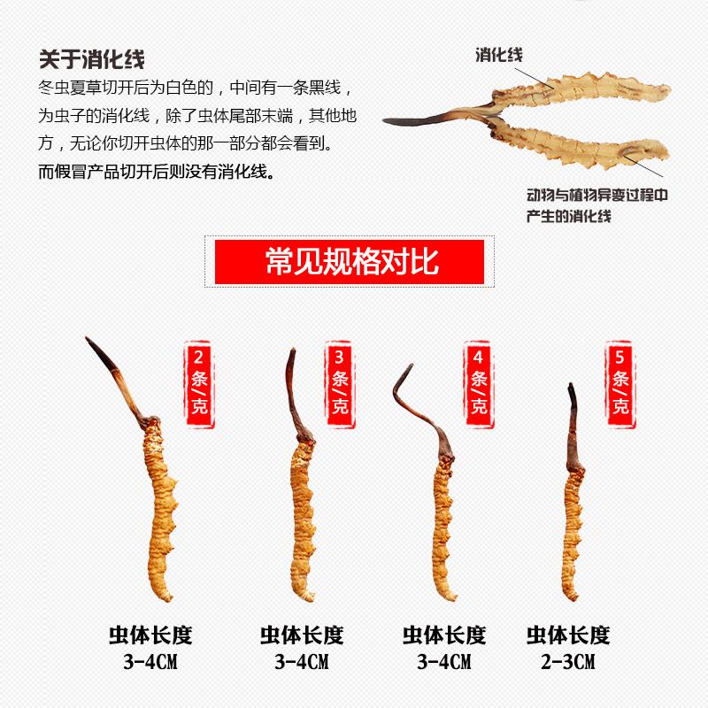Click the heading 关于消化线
click(91, 59)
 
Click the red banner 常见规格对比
click(350, 262)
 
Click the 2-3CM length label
click(568, 661)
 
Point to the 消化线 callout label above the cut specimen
click(497, 55)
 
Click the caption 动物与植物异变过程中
click(596, 195)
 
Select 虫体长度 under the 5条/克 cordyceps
click(568, 635)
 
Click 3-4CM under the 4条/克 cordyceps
click(444, 661)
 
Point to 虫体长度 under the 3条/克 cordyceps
click(301, 635)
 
